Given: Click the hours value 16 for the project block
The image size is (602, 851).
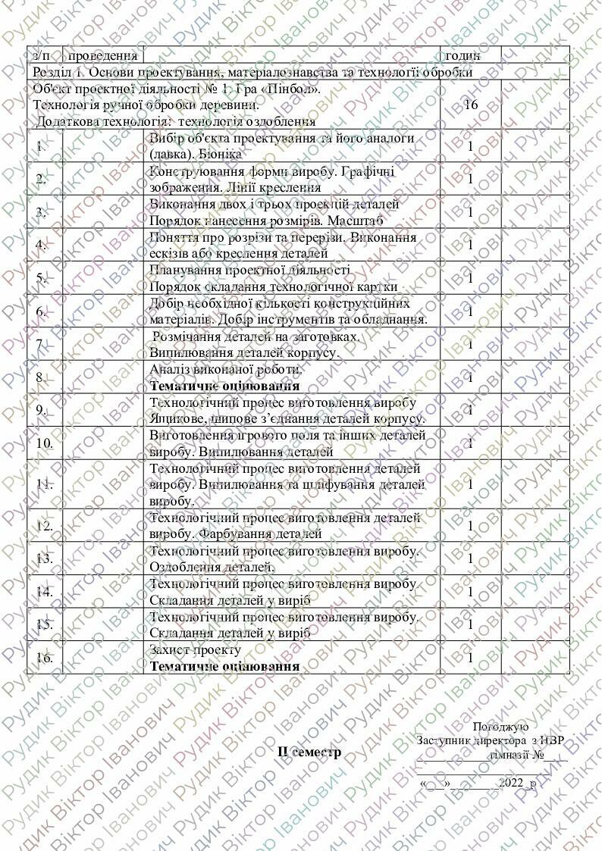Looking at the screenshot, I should tap(470, 105).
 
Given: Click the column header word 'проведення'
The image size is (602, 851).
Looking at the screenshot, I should tap(102, 55).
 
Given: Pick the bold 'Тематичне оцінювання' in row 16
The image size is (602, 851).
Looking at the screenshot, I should tap(224, 666).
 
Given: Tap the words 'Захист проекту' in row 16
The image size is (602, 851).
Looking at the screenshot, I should tap(196, 650).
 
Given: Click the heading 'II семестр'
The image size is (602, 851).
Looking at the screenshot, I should tap(309, 752).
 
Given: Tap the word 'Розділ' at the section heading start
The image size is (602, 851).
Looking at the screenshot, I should tap(54, 72).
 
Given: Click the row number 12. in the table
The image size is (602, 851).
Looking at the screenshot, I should tap(44, 525).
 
